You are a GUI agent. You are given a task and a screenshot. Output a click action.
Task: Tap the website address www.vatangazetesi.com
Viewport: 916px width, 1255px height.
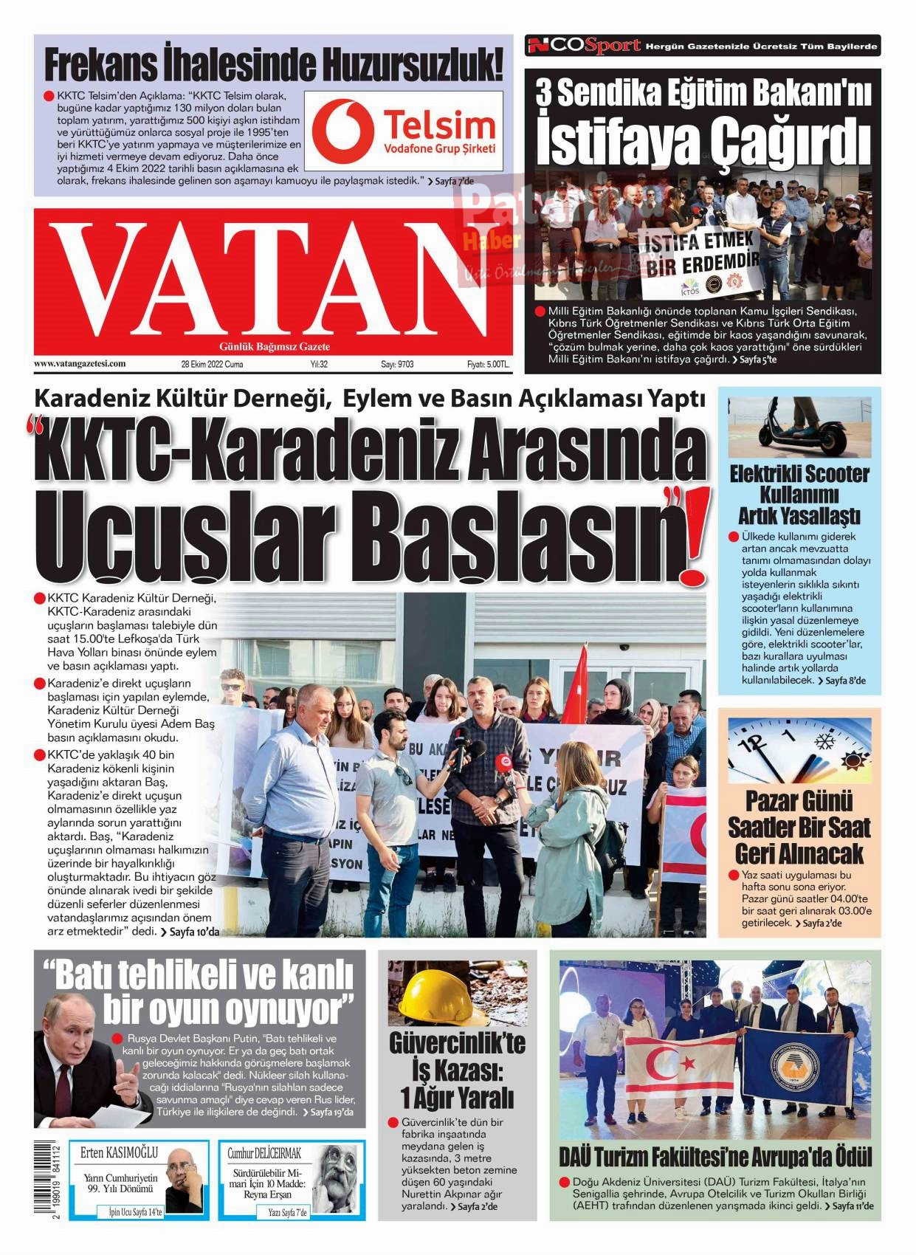(x=80, y=363)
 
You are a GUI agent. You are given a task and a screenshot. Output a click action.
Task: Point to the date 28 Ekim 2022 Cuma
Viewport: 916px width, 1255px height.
(x=212, y=364)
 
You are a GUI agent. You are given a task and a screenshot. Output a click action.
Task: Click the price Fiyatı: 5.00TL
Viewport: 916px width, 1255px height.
(x=488, y=364)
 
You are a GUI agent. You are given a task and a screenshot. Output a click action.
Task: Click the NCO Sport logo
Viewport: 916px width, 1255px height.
(x=583, y=46)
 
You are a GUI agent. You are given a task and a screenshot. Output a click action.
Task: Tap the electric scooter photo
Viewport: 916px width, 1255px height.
(x=799, y=427)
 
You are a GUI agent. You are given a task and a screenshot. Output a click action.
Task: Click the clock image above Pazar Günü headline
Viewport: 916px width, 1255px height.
(x=799, y=750)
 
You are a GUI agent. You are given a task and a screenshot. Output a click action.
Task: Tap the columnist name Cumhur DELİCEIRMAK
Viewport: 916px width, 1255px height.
(x=264, y=1153)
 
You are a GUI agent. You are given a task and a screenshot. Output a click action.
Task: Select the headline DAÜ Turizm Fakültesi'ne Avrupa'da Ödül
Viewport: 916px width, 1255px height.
(x=714, y=1158)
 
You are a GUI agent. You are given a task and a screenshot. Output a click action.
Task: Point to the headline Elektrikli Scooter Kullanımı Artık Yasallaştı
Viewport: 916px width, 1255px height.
(x=799, y=494)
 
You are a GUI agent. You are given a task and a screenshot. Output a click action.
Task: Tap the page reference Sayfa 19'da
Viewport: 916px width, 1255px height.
(x=331, y=1112)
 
